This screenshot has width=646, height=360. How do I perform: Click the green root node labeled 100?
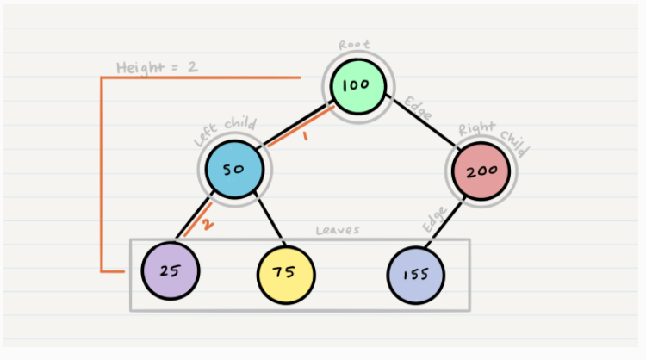tap(358, 86)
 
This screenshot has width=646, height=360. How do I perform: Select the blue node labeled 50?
tap(234, 170)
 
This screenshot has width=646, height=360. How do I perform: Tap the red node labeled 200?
tap(481, 171)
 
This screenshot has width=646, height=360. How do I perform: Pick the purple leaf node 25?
tap(171, 270)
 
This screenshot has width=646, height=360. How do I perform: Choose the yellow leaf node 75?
tap(286, 275)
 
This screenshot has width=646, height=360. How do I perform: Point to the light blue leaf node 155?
tap(416, 275)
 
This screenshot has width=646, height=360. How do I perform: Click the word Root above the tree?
tap(354, 45)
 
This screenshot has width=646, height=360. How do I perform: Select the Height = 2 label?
tap(157, 67)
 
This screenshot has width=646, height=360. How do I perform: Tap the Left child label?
tap(225, 132)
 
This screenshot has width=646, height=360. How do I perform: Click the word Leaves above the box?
tap(338, 230)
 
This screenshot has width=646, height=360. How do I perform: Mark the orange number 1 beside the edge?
tap(305, 136)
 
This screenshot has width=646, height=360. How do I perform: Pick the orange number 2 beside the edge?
tap(208, 224)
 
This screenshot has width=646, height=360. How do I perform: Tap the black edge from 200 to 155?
tap(444, 223)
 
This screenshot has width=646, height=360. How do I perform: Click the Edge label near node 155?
tap(434, 219)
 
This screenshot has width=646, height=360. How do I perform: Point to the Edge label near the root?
tap(418, 108)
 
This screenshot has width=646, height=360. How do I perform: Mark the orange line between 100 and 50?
tap(301, 127)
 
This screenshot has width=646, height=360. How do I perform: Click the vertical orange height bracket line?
tap(102, 174)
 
